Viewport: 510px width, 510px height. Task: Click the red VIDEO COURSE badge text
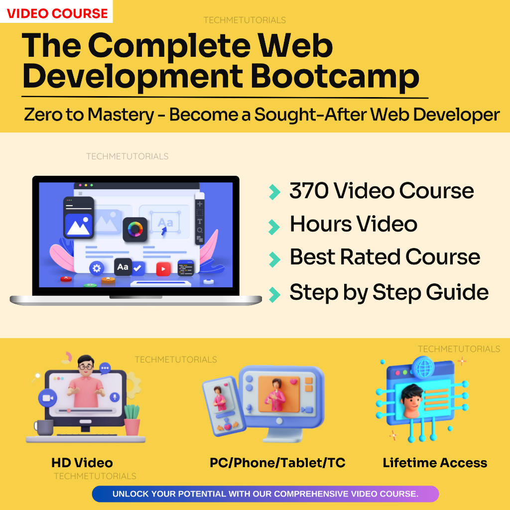tap(57, 13)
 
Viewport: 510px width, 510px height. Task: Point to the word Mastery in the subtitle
tap(120, 115)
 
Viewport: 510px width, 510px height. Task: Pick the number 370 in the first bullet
tap(308, 191)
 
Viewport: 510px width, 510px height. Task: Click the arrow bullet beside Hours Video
tap(274, 227)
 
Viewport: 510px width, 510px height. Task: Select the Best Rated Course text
tap(384, 257)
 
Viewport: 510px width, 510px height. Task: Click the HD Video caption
tap(82, 463)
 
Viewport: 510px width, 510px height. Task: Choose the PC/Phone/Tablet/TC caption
tap(277, 463)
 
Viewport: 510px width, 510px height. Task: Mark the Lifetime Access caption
tap(435, 463)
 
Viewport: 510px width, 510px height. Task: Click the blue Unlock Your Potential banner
tap(265, 494)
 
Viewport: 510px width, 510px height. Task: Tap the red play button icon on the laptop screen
tap(163, 269)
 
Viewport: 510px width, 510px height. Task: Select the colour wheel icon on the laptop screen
tap(135, 230)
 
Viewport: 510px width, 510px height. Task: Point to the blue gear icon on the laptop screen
tap(96, 268)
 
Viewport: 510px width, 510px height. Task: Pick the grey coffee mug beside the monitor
tap(44, 427)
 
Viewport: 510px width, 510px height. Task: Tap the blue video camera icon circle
tap(48, 398)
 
